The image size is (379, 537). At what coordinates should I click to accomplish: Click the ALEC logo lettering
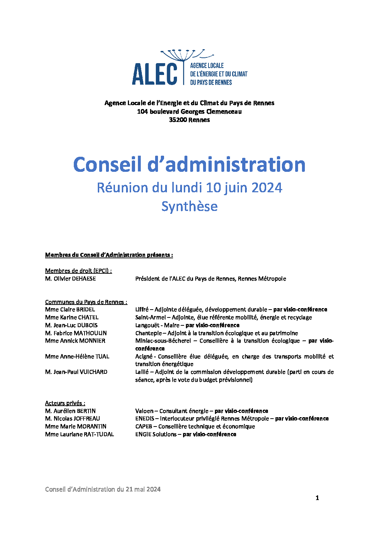pos(154,74)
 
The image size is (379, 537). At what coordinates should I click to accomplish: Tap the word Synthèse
pos(189,207)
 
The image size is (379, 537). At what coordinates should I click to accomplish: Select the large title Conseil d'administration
pos(189,165)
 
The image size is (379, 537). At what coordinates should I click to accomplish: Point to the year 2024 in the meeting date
pos(267,188)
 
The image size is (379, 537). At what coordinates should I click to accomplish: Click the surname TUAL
pos(102,357)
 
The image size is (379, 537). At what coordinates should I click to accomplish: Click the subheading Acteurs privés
pos(65,403)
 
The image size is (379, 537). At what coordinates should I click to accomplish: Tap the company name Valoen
pos(144,411)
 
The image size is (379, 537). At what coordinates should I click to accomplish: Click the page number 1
pos(317,498)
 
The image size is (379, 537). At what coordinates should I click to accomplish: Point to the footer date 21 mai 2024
pos(143,489)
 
